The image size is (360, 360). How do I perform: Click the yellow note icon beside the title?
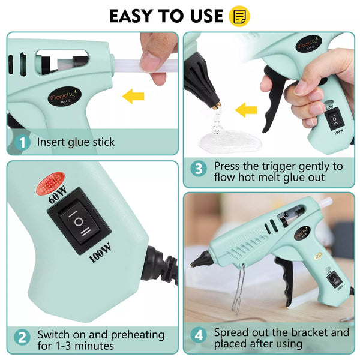pyautogui.click(x=240, y=16)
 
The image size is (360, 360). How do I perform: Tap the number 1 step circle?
pyautogui.click(x=22, y=143)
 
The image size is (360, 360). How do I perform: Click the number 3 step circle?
pyautogui.click(x=199, y=170)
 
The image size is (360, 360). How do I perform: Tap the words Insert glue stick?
pyautogui.click(x=76, y=143)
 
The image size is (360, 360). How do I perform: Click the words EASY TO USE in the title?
pyautogui.click(x=166, y=16)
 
